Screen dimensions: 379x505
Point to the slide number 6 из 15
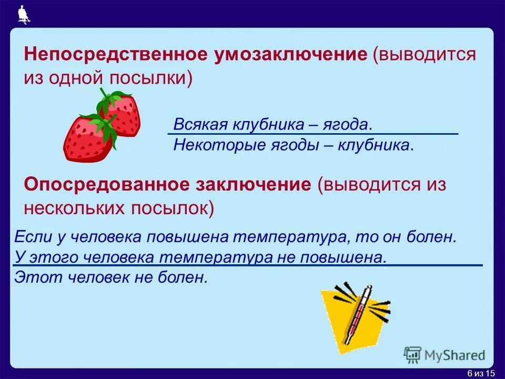pyautogui.click(x=481, y=373)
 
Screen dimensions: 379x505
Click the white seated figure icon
pyautogui.click(x=23, y=15)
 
